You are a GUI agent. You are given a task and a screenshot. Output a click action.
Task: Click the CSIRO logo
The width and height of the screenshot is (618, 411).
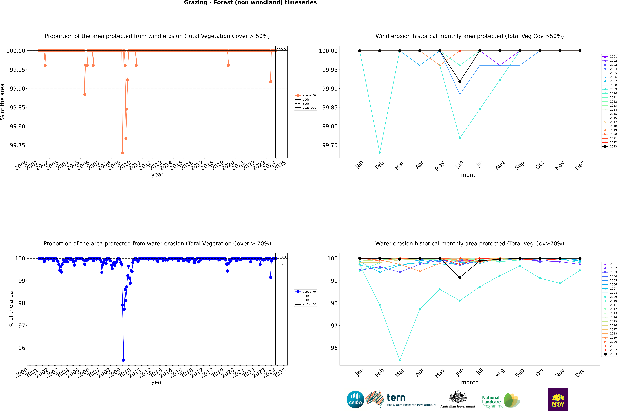(355, 399)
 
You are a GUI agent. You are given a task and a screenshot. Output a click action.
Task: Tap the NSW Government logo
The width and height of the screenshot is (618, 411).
(558, 399)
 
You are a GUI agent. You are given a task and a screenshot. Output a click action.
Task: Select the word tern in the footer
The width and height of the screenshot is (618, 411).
(396, 398)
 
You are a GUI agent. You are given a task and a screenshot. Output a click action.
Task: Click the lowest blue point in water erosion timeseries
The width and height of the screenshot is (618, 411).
(123, 360)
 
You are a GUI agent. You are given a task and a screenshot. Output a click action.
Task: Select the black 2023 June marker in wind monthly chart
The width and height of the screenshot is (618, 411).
(460, 82)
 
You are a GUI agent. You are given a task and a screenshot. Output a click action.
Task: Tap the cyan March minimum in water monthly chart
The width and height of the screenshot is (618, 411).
(400, 360)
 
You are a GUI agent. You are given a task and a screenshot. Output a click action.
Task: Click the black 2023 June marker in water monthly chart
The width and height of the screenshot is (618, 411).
(460, 277)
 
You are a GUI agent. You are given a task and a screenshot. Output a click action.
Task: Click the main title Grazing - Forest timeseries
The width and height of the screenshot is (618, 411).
(250, 3)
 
